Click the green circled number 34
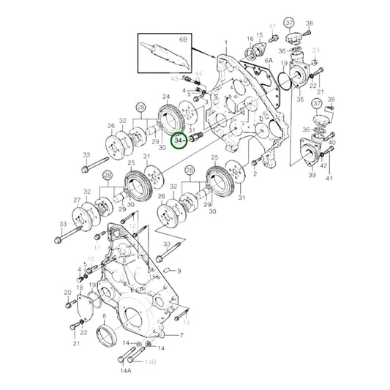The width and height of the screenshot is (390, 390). tap(179, 139)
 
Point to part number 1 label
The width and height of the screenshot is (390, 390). tap(226, 43)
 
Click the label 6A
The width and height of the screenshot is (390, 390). tap(269, 61)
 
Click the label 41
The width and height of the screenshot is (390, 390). tap(329, 178)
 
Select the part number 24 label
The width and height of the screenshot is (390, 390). tap(167, 97)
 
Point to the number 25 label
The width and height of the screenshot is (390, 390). tap(131, 162)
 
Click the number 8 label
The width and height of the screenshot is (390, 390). tap(103, 318)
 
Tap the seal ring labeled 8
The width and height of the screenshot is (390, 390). tap(108, 336)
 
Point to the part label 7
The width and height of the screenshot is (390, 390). tap(181, 336)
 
